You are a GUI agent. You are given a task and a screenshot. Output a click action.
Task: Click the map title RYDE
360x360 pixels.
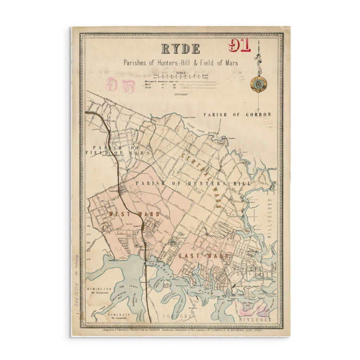[x=180, y=49]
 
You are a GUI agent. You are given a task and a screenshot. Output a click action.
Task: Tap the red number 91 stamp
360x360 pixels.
[x=239, y=46]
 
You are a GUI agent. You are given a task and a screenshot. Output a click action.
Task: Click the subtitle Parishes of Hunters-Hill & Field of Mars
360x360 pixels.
[x=180, y=63]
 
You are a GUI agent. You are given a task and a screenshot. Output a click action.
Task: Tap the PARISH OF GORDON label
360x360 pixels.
[x=237, y=115]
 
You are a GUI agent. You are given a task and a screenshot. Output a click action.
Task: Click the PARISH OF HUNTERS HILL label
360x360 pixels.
[x=193, y=183]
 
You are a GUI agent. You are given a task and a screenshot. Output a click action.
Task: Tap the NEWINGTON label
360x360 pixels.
[x=99, y=289]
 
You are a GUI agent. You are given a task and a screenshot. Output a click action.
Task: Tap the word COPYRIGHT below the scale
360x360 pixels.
[x=181, y=94]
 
